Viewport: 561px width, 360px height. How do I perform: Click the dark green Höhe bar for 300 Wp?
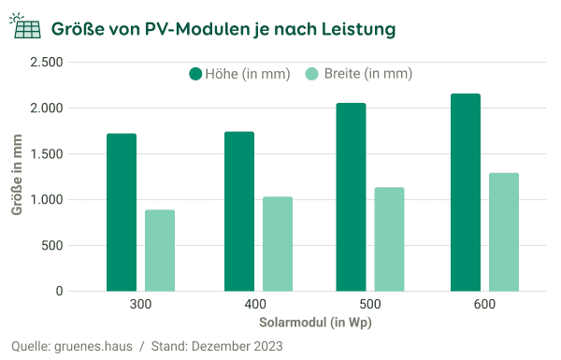click(122, 212)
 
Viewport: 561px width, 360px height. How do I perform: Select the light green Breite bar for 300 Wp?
click(160, 251)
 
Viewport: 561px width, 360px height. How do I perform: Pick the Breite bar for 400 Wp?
click(278, 244)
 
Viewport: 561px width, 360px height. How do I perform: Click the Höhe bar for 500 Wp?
click(351, 197)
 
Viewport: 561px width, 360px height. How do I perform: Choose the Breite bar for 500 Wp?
click(389, 239)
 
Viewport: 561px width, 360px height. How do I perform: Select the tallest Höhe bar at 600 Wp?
click(465, 193)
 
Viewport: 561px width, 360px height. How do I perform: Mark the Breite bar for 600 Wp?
click(503, 232)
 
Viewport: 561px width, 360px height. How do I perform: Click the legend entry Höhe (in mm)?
click(239, 74)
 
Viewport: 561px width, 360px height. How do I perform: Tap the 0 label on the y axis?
click(59, 292)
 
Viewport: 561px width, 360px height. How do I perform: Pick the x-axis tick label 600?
click(483, 306)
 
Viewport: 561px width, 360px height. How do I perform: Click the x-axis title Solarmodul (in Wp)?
click(312, 322)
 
